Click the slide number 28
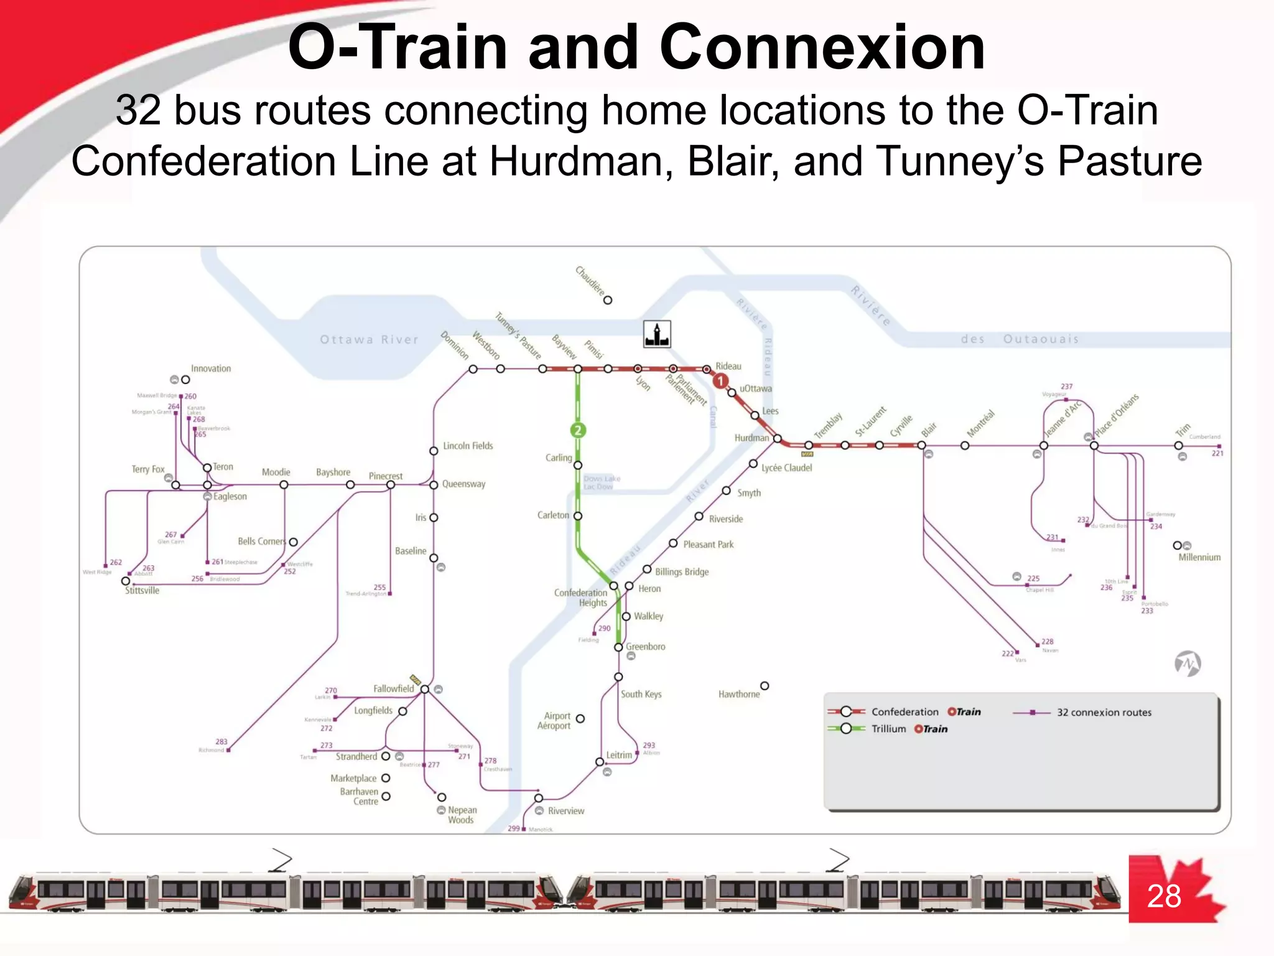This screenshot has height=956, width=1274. (x=1163, y=897)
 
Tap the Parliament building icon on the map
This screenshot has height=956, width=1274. (x=657, y=334)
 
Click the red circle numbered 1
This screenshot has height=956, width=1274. (x=720, y=381)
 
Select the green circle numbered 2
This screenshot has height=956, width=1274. (x=578, y=430)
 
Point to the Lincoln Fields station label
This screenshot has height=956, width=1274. (x=468, y=446)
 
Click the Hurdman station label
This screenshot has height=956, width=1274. (x=751, y=438)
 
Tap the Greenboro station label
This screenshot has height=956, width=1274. (x=645, y=647)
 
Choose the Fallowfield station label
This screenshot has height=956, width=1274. (x=393, y=688)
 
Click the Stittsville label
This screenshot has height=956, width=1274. (x=142, y=591)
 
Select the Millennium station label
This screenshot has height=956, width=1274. (x=1199, y=558)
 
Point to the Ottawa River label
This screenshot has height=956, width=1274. (x=369, y=340)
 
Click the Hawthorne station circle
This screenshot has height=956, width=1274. (x=765, y=686)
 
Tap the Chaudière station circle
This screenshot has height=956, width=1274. (x=608, y=300)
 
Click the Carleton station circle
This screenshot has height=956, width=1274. (x=578, y=516)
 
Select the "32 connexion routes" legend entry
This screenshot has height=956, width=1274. (x=1104, y=713)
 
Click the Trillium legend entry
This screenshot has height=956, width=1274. (x=888, y=729)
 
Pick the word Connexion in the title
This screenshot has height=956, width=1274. (x=822, y=48)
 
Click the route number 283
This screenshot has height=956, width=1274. (x=221, y=742)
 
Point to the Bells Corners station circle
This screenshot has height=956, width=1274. (x=294, y=542)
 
